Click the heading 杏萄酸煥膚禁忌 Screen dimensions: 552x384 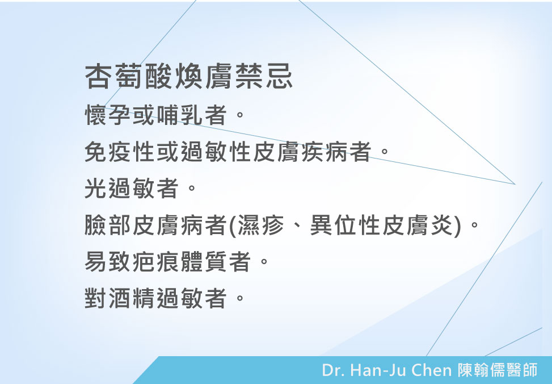click(x=189, y=76)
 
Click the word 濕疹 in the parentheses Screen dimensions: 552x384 click(x=261, y=225)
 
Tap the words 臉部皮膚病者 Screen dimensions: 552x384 click(x=155, y=225)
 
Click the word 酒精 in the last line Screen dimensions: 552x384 click(x=132, y=298)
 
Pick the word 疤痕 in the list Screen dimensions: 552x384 click(x=156, y=261)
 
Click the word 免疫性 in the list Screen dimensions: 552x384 click(x=120, y=152)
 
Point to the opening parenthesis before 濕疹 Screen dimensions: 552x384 click(x=233, y=226)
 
